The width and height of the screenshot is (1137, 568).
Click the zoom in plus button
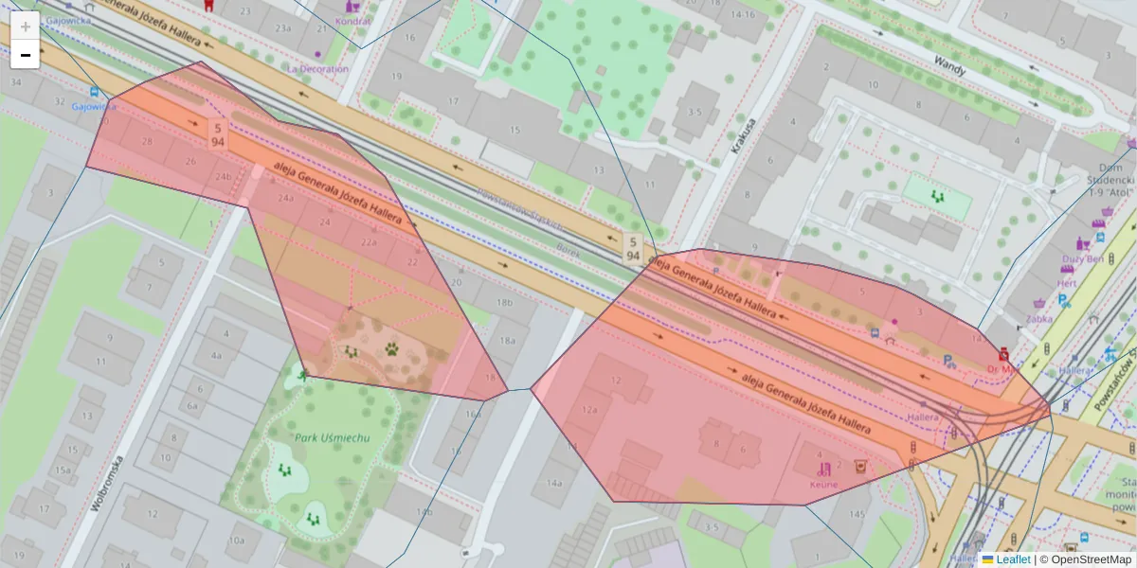pos(25,27)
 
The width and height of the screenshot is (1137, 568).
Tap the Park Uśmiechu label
pos(332,437)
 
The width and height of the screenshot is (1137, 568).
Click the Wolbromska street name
pos(109,484)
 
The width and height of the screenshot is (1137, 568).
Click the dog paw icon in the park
pos(392,348)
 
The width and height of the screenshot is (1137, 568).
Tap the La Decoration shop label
pos(317,69)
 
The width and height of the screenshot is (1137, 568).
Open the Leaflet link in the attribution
pos(1013,559)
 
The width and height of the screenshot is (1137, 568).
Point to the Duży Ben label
pos(1081,258)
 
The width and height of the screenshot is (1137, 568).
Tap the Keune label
pos(823,484)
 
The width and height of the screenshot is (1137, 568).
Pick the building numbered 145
pos(857,514)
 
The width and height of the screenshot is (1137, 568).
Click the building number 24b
pos(223,177)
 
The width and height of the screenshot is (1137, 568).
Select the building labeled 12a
pos(590,409)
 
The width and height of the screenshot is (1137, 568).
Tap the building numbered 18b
pos(504,302)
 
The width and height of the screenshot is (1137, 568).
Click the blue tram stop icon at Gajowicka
pos(94,93)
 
